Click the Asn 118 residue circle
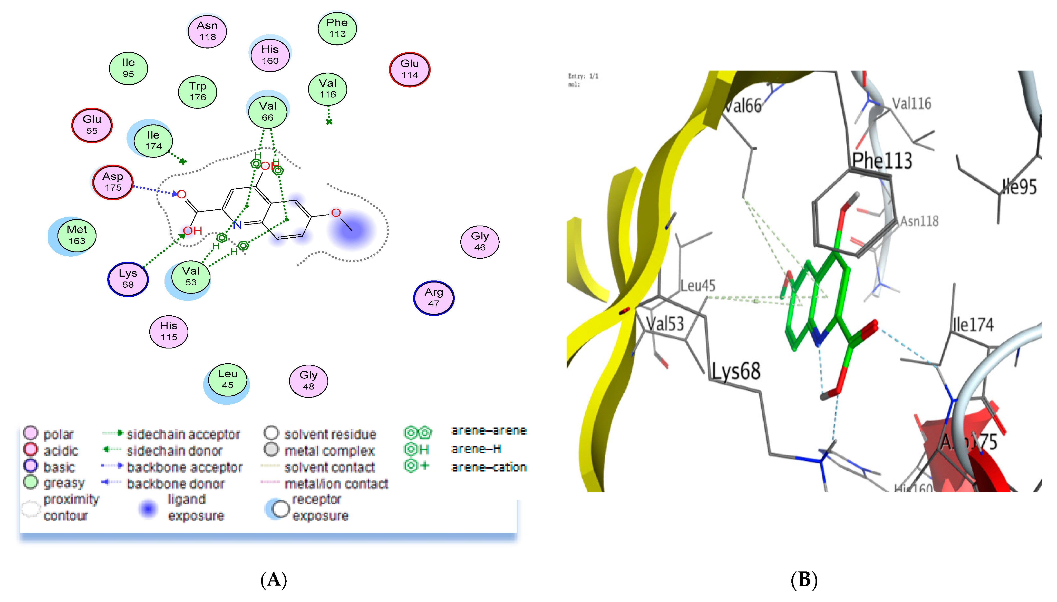pos(207,31)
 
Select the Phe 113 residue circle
pos(337,28)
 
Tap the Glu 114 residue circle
pos(410,69)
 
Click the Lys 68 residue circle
pos(128,279)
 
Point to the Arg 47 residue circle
pos(434,298)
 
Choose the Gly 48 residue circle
pos(308,380)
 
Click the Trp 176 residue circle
pos(198,91)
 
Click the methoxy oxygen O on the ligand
pos(336,213)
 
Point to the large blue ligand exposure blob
pos(351,230)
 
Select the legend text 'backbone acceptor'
pos(184,467)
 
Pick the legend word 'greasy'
pos(64,483)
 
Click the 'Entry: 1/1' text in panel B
pos(583,76)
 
